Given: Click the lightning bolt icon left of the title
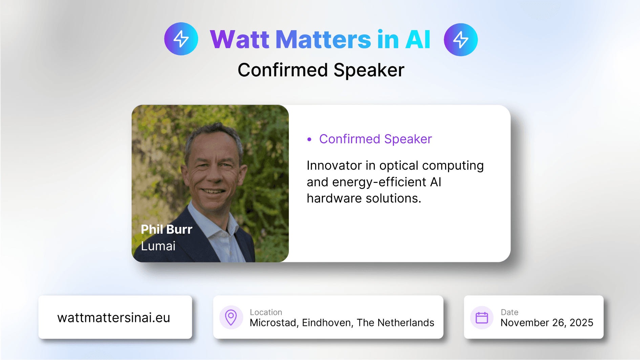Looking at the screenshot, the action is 181,39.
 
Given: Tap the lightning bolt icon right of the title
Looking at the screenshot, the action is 461,40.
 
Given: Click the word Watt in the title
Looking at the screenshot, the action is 240,40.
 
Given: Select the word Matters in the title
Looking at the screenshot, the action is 323,40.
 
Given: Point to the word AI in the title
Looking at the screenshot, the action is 418,40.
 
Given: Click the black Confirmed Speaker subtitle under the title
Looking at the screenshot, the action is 321,70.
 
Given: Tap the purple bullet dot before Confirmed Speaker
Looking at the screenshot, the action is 309,139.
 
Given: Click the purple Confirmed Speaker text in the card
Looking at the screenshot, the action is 376,139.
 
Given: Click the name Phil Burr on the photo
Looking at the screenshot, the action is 167,229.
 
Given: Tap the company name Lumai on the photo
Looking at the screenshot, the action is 158,246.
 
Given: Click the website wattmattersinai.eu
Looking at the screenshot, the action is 114,318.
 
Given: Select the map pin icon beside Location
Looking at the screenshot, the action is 231,317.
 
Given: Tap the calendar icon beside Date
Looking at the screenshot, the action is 482,318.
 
